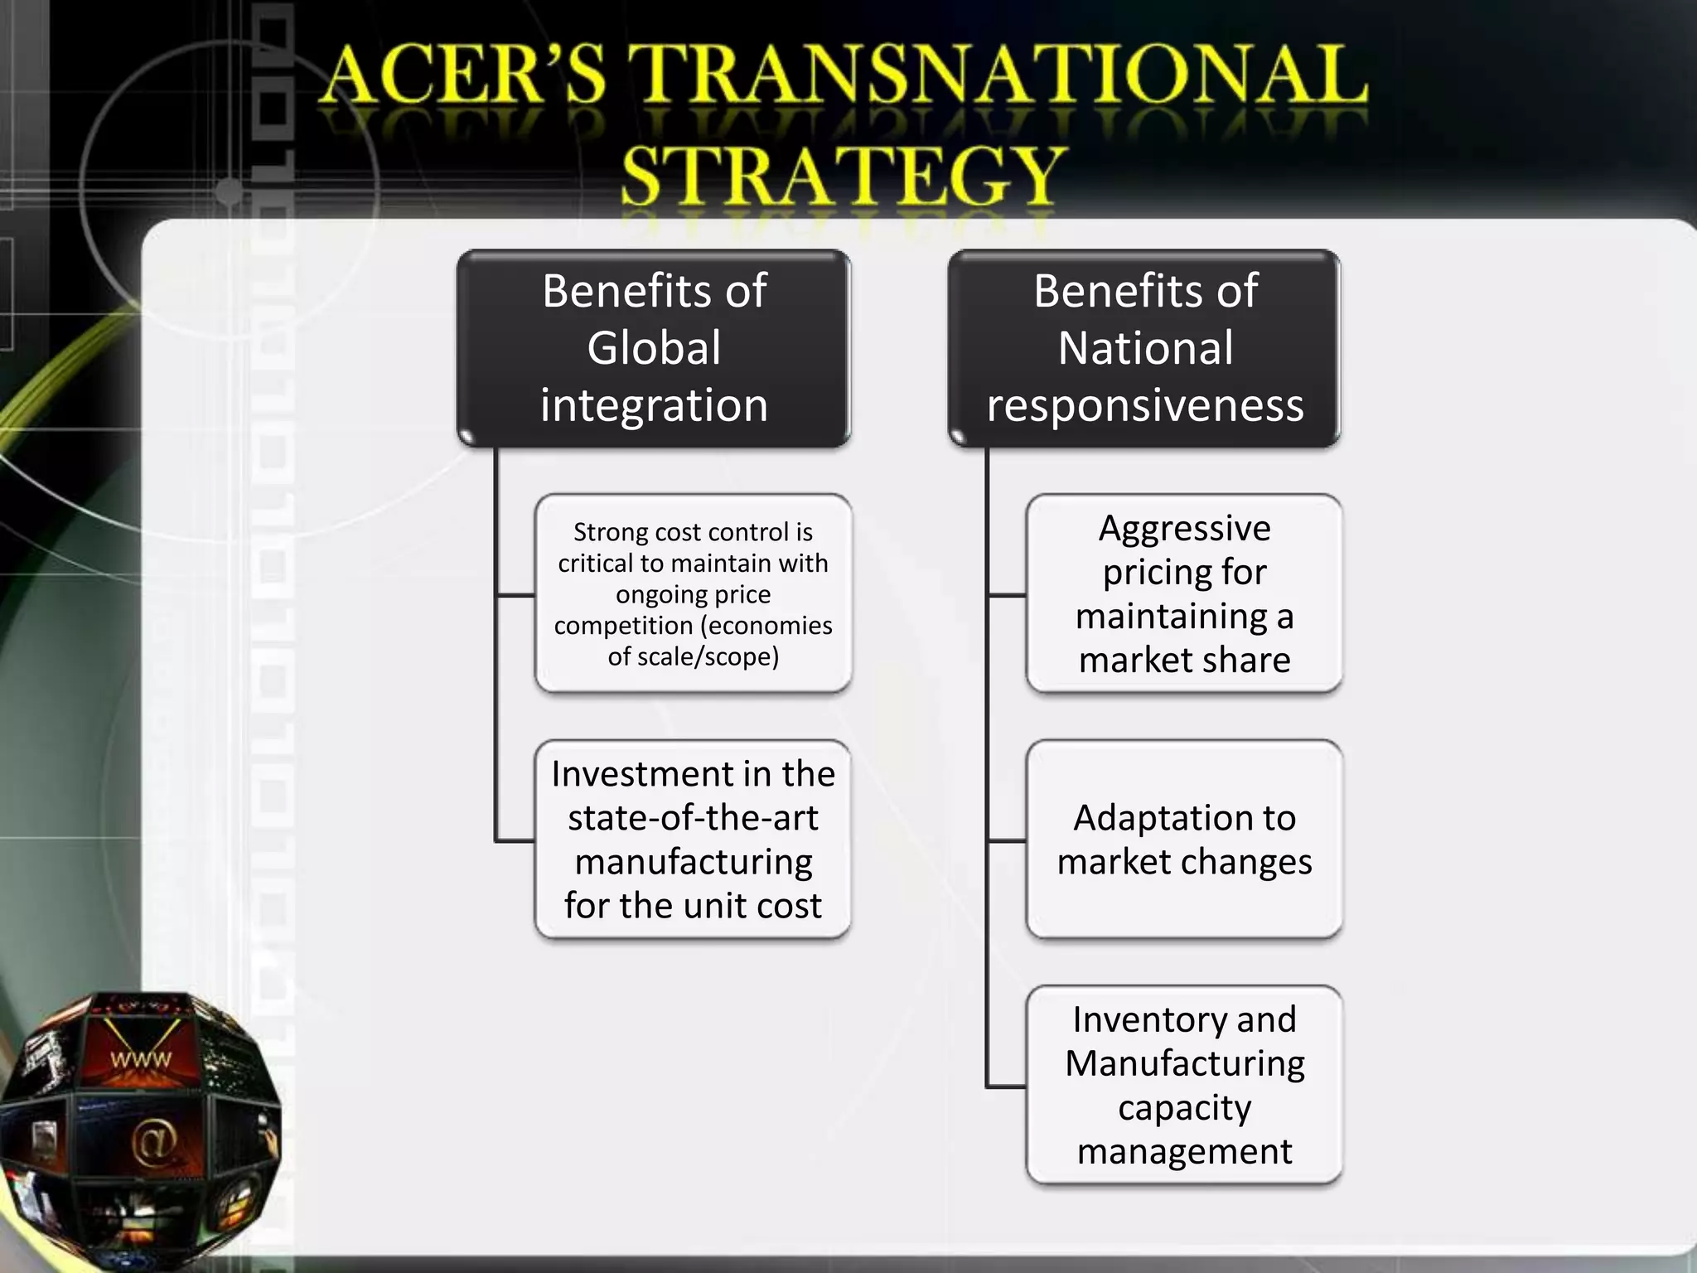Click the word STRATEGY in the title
pos(842,175)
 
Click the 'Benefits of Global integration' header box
pos(654,348)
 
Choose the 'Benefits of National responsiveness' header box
pos(1144,348)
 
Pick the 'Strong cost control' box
pos(693,593)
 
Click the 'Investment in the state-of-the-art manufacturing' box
pos(693,840)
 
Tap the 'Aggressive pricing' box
pos(1184,593)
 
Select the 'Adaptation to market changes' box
pos(1184,840)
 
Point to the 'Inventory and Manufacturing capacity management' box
pos(1184,1085)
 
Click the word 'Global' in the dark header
pos(654,348)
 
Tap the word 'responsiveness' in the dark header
pos(1144,406)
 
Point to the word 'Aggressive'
pos(1184,529)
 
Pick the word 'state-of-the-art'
pos(693,818)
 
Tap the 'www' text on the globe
pos(141,1059)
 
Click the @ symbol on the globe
pos(153,1142)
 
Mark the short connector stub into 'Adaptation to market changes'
pos(1007,841)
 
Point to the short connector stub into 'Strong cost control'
pos(515,595)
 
